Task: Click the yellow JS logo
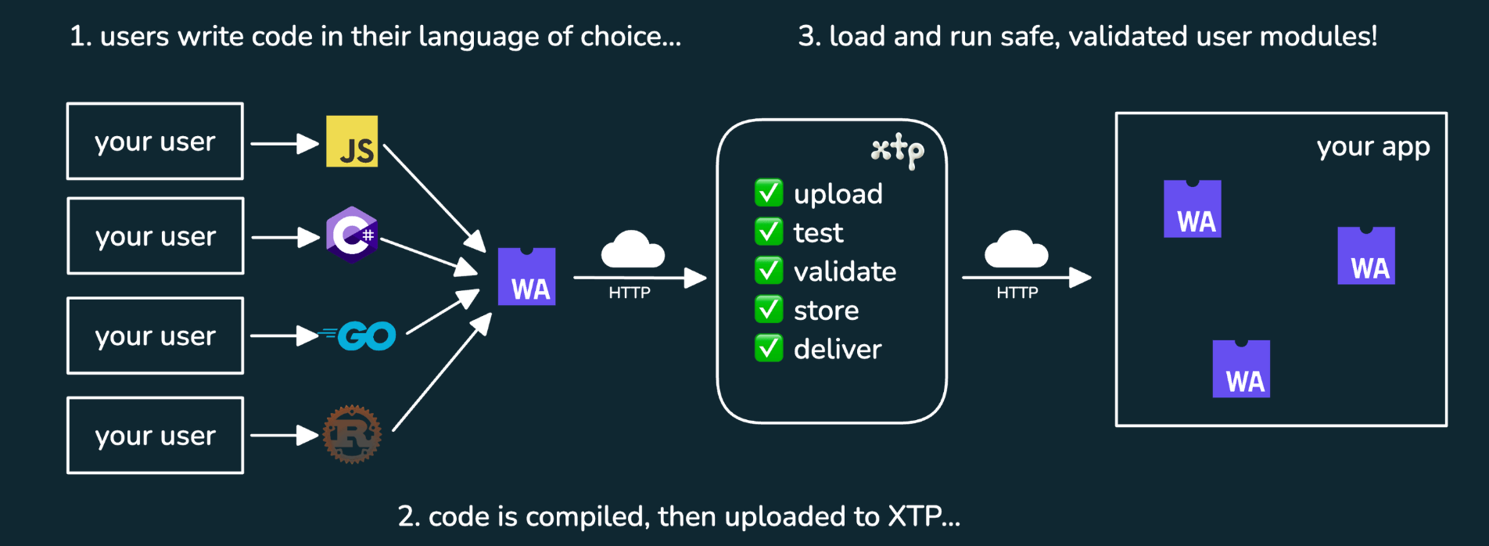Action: click(x=352, y=142)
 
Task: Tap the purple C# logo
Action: click(x=352, y=235)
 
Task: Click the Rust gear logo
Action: click(x=352, y=434)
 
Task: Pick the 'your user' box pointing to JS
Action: click(x=155, y=142)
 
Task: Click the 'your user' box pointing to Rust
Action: click(x=155, y=436)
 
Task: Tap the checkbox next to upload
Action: click(x=769, y=192)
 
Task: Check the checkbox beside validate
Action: click(x=769, y=271)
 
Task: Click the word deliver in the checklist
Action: click(x=837, y=349)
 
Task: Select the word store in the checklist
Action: click(x=826, y=311)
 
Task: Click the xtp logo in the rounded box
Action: click(x=898, y=149)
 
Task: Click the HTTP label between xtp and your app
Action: click(x=1017, y=293)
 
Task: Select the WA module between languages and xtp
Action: click(x=527, y=277)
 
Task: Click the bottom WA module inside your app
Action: click(x=1241, y=369)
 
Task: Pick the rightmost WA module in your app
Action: click(x=1366, y=256)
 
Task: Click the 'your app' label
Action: click(x=1372, y=147)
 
